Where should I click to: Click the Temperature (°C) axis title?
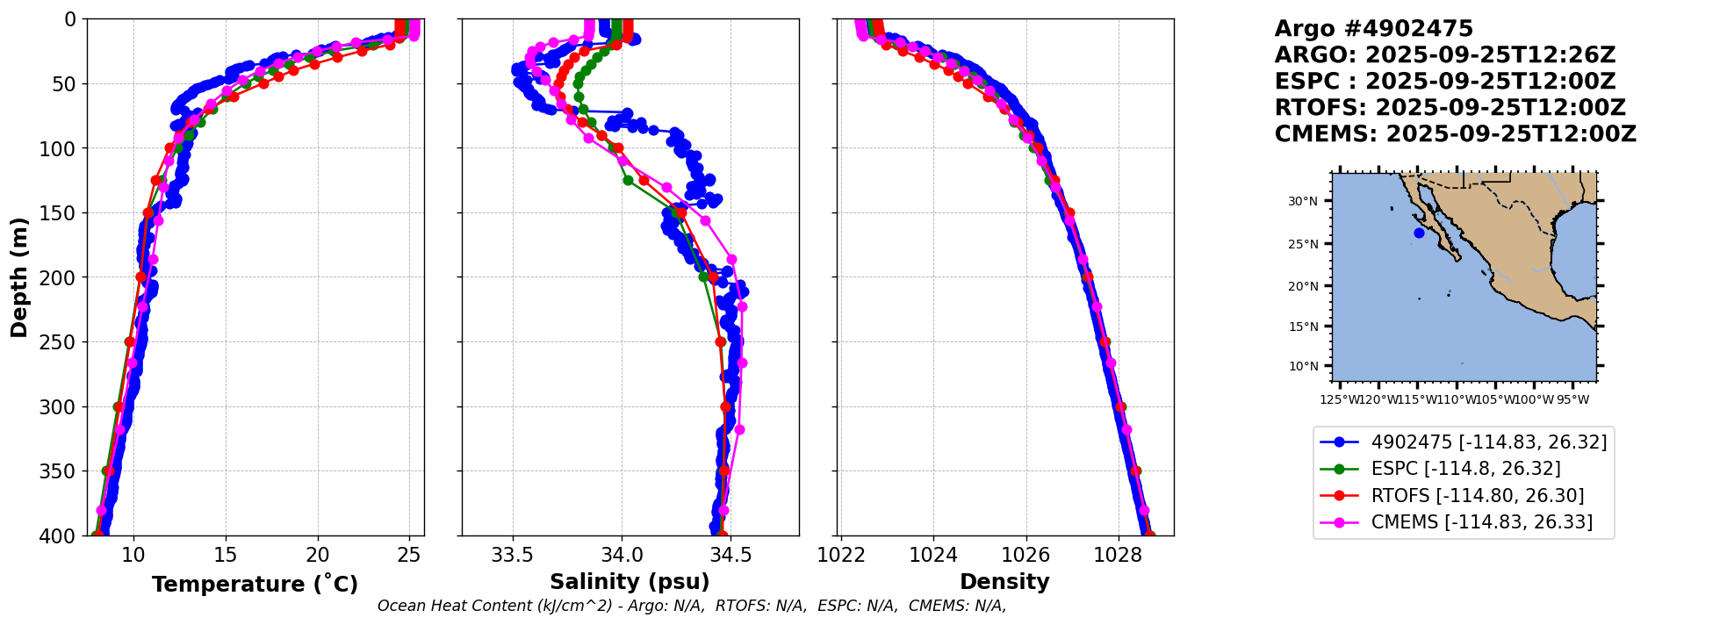(255, 585)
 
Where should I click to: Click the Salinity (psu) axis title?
(630, 582)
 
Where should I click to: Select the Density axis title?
(1004, 582)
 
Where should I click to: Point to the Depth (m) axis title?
(19, 277)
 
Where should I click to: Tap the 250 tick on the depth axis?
(62, 342)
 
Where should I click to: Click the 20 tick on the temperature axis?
(318, 555)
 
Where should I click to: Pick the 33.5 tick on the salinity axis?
(512, 555)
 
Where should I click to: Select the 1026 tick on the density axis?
(1025, 555)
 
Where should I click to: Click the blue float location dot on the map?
(1419, 233)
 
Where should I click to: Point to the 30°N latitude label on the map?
(1303, 201)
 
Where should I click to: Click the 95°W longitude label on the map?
(1572, 400)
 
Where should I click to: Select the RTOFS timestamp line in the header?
(1450, 108)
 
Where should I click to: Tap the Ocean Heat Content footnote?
(692, 606)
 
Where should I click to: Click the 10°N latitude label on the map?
(1303, 366)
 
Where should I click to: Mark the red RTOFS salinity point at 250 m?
(721, 341)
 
